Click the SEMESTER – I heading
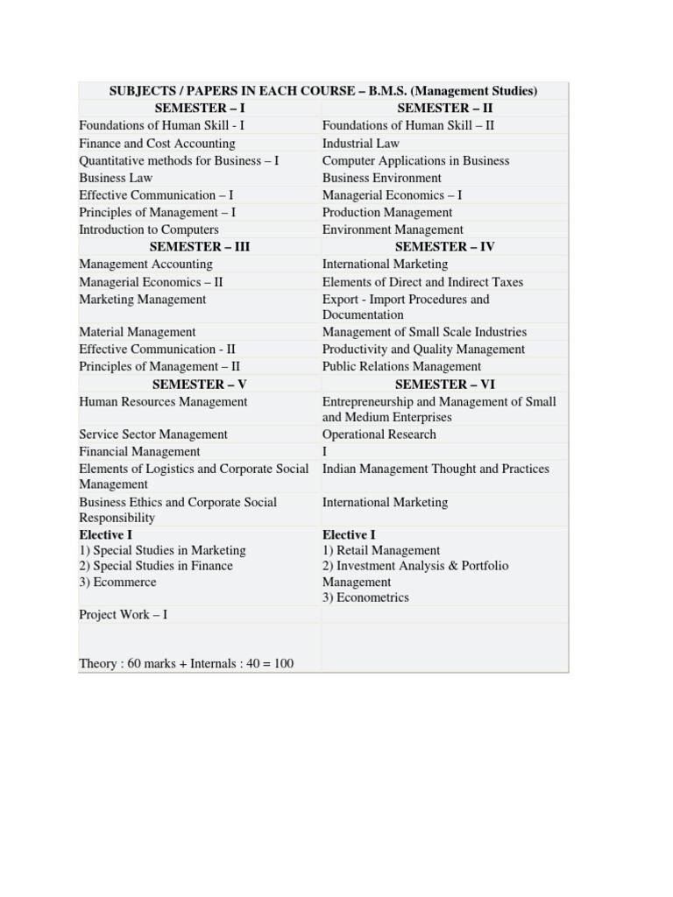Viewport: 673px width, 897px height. click(x=200, y=108)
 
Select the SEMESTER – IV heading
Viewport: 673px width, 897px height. click(x=444, y=246)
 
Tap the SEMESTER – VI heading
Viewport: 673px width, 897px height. click(x=444, y=384)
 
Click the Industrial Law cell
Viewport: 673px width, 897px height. click(x=360, y=143)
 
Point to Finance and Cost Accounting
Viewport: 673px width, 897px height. click(x=157, y=143)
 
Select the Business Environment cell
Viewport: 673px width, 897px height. click(x=381, y=178)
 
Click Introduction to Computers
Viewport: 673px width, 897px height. click(x=149, y=230)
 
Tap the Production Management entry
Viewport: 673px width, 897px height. click(x=387, y=212)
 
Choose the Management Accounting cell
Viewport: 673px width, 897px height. click(x=145, y=264)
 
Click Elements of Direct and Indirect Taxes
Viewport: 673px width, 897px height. click(x=422, y=282)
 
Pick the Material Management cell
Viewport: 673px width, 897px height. click(x=138, y=332)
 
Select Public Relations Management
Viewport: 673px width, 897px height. click(x=401, y=366)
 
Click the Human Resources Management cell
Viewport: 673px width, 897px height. click(x=163, y=401)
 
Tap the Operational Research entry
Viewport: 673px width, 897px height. click(x=379, y=434)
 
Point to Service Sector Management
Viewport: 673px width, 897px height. click(x=153, y=434)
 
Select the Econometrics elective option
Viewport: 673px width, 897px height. click(x=365, y=597)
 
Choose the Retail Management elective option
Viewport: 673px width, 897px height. click(x=381, y=550)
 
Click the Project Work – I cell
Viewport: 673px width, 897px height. click(x=123, y=614)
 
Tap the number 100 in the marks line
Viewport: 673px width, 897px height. click(x=283, y=663)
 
